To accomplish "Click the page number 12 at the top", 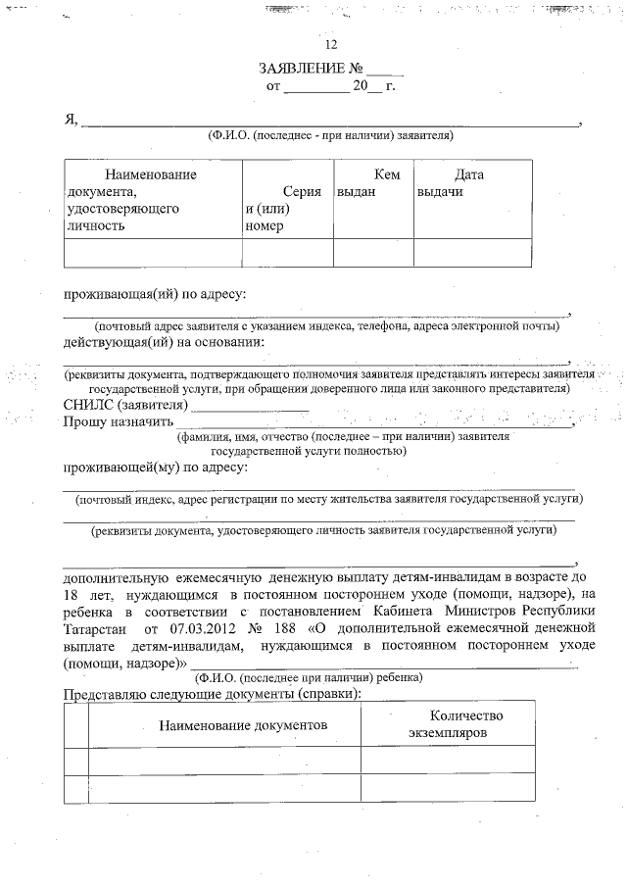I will point(330,45).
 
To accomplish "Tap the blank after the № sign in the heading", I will point(384,71).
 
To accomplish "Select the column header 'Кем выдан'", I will point(372,183).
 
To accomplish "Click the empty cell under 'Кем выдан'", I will point(372,253).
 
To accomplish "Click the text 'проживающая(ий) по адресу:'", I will point(154,293).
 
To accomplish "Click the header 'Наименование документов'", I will point(244,724).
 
